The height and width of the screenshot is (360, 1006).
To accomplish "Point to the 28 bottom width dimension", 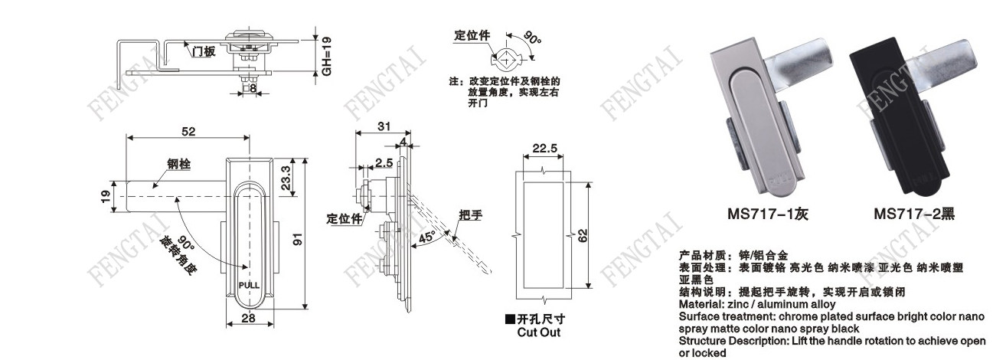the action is [249, 319].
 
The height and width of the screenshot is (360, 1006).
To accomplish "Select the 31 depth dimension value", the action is [384, 126].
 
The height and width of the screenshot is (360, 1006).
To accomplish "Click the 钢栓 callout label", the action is [178, 164].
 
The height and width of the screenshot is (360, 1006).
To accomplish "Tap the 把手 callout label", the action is [471, 214].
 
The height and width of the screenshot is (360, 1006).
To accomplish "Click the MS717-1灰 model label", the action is [767, 215].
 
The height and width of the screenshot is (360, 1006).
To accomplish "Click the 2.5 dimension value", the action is [384, 162].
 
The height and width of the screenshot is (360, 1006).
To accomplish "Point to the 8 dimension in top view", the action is [252, 88].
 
